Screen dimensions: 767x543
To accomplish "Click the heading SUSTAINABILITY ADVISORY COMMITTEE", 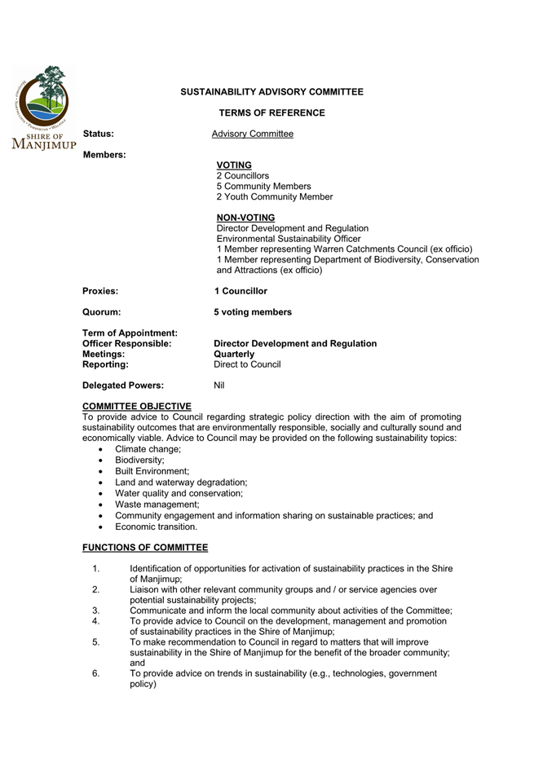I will click(x=272, y=92).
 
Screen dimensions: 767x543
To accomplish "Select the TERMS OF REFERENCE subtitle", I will click(x=272, y=113).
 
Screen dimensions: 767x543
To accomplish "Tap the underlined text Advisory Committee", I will click(x=252, y=134).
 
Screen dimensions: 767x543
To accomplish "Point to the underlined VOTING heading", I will click(x=234, y=165).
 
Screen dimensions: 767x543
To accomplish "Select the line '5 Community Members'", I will click(x=263, y=186).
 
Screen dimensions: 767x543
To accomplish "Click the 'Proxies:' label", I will click(x=100, y=291).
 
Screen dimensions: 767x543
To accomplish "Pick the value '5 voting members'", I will click(x=253, y=312).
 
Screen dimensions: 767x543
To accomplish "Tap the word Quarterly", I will click(x=234, y=355).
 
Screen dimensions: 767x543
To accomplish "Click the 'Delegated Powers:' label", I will click(x=123, y=386).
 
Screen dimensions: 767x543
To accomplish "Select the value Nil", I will click(x=219, y=386).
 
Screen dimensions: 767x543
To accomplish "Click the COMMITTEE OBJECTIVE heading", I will click(x=137, y=406).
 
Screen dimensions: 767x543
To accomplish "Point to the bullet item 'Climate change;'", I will click(x=148, y=449).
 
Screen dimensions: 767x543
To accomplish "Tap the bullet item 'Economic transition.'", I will click(x=156, y=527).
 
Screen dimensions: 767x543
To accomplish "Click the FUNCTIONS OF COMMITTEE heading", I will click(x=145, y=547).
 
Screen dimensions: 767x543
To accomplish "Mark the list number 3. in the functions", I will click(x=95, y=611).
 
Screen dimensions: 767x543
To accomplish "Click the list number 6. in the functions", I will click(x=95, y=674).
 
